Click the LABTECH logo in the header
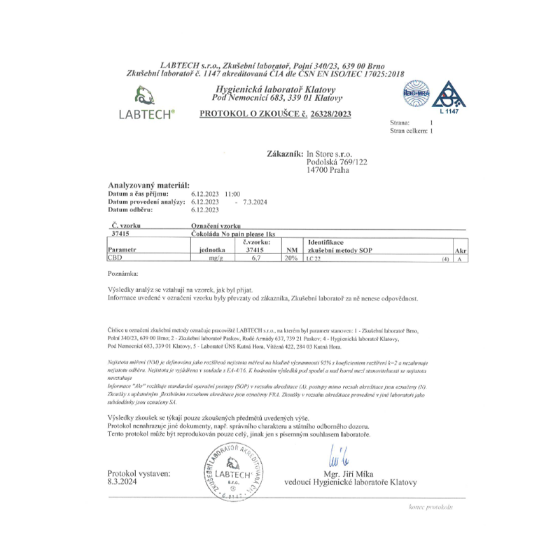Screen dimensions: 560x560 [148, 104]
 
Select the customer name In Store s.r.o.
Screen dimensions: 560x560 [330, 153]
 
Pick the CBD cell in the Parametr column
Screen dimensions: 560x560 [113, 258]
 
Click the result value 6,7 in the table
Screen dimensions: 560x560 [255, 258]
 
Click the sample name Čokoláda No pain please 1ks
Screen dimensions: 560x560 [233, 233]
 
